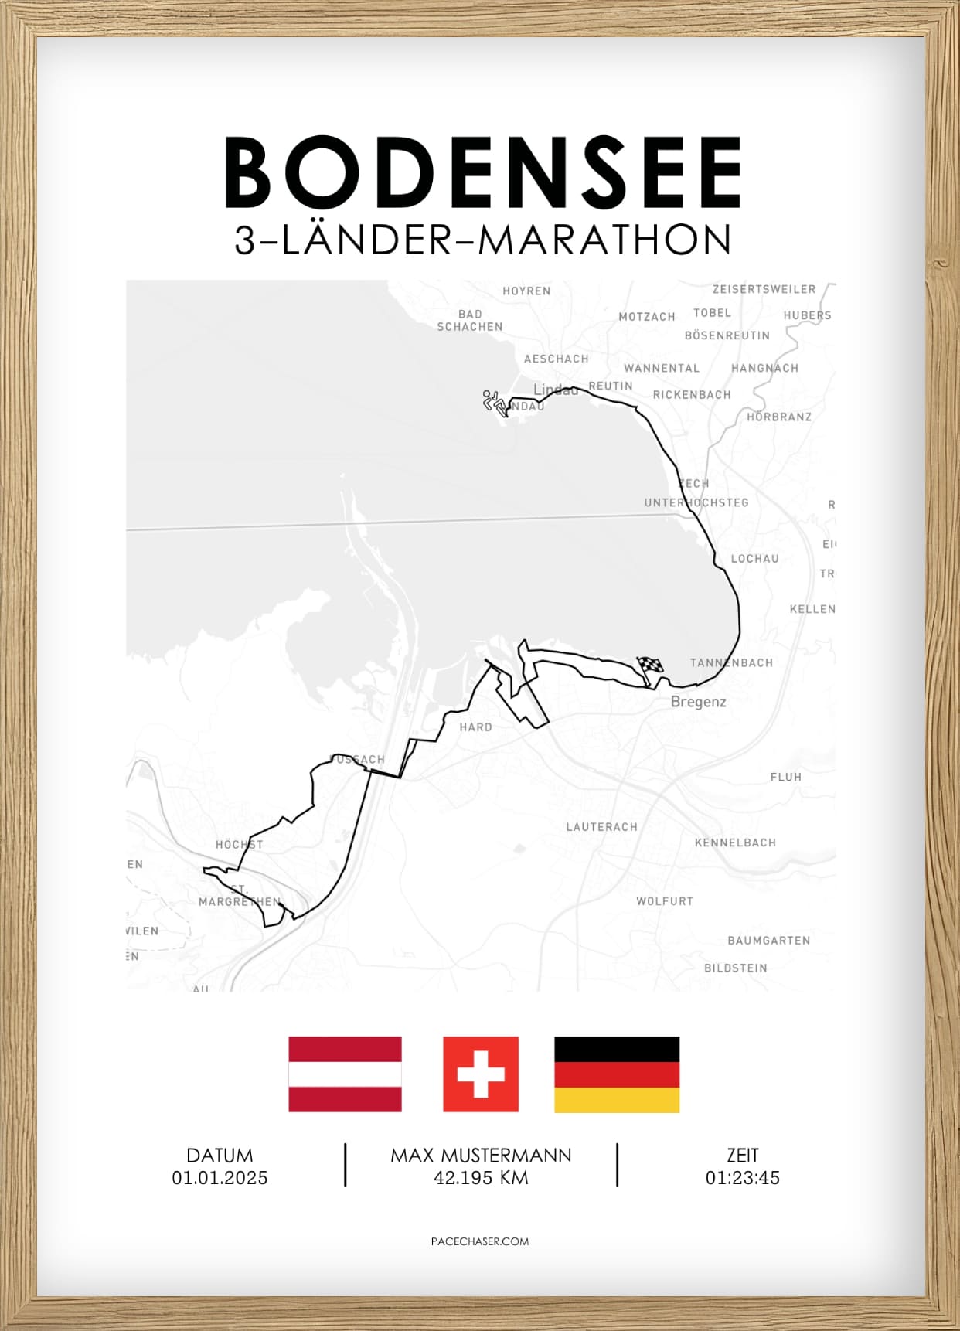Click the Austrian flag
tap(345, 1074)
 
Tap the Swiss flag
tap(480, 1074)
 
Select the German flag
tap(616, 1074)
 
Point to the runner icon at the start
tap(494, 403)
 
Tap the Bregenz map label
tap(698, 702)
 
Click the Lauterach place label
tap(601, 827)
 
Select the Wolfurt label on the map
tap(664, 901)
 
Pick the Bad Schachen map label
tap(470, 321)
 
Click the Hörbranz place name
tap(779, 417)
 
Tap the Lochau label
tap(754, 558)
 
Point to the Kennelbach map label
tap(735, 843)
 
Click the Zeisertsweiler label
tap(764, 289)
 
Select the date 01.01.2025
tap(220, 1178)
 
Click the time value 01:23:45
tap(742, 1178)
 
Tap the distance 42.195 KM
tap(481, 1178)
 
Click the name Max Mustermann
tap(481, 1156)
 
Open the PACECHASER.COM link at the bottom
tap(480, 1241)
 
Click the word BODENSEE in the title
tap(483, 172)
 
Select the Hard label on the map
tap(475, 727)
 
